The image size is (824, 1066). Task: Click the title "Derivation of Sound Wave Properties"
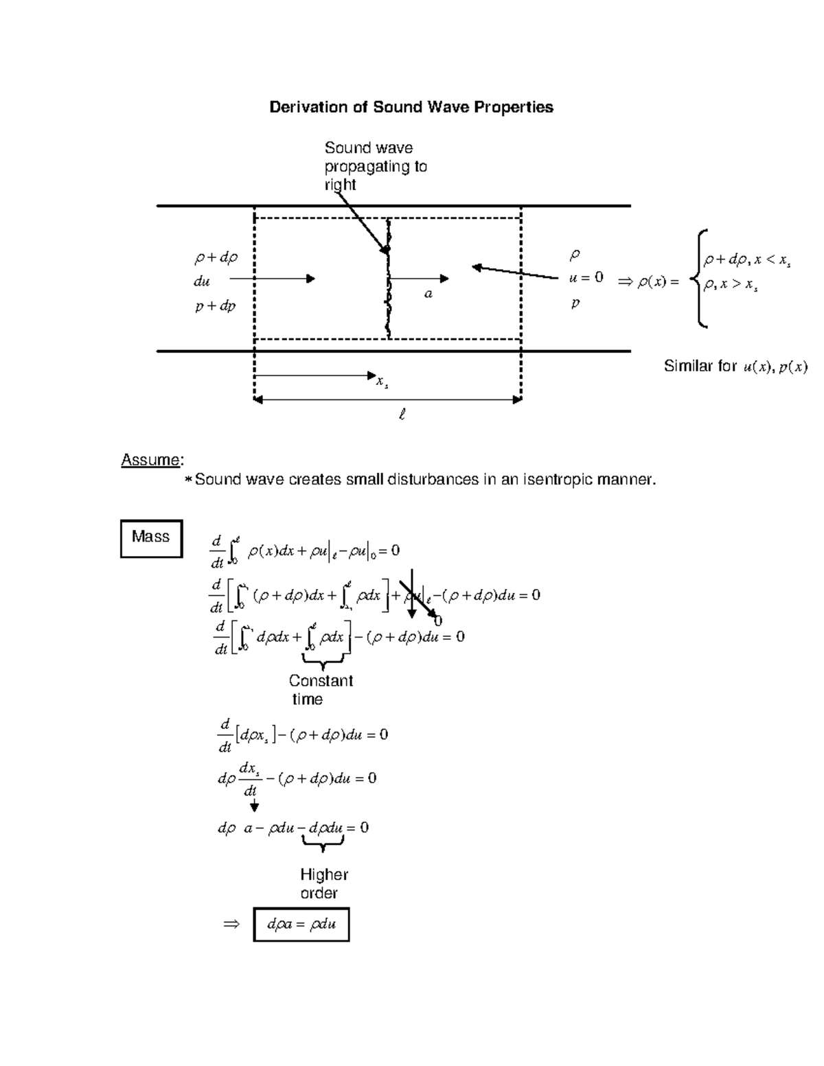click(411, 107)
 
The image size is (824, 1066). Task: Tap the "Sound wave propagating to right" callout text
click(375, 166)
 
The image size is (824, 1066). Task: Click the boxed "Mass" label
click(151, 537)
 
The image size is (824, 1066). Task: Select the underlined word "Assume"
click(151, 460)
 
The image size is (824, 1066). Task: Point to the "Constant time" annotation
click(320, 690)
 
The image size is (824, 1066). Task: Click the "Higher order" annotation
click(323, 883)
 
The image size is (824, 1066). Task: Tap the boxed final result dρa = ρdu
click(301, 924)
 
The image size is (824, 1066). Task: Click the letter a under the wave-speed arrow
click(428, 294)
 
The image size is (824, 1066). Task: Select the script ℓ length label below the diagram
click(402, 415)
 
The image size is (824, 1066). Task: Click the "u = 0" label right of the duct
click(586, 277)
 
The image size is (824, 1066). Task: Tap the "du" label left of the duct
click(201, 281)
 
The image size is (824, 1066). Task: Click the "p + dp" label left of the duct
click(215, 306)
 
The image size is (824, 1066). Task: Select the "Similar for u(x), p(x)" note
click(735, 367)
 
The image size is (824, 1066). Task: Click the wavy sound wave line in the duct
click(389, 288)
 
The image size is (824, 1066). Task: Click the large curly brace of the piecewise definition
click(700, 279)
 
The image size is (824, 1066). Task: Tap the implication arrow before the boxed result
click(231, 924)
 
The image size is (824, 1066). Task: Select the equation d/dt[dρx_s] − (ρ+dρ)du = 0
click(302, 735)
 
